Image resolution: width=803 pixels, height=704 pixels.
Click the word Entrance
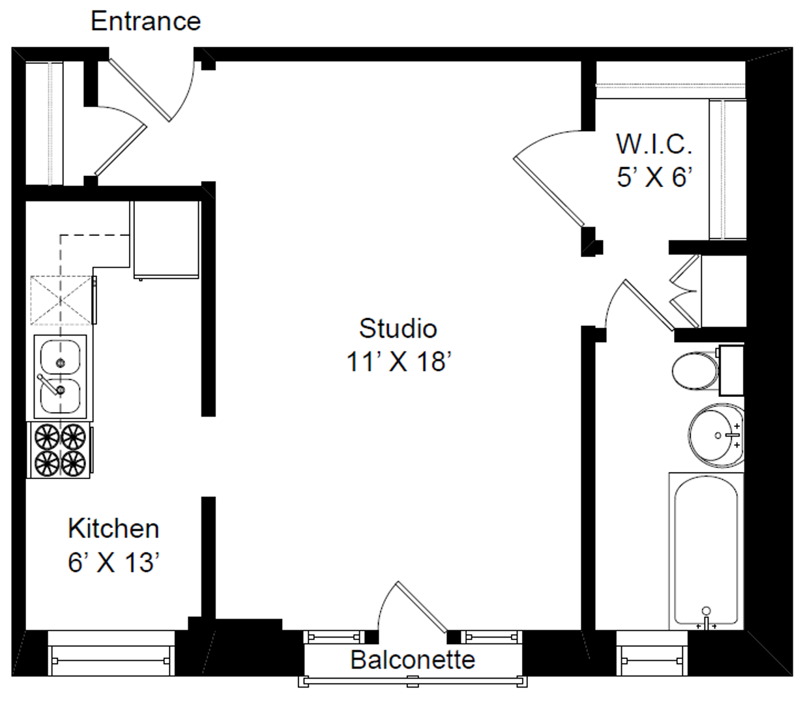pos(145,21)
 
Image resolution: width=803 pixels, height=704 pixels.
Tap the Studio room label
pos(398,329)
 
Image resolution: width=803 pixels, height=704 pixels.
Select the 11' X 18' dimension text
pos(399,362)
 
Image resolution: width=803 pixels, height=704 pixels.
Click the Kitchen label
pos(113,529)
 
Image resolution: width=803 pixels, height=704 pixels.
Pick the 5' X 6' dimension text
pos(654,177)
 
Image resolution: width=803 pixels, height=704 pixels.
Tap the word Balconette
pos(413,660)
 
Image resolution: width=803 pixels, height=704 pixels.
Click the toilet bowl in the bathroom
pos(695,371)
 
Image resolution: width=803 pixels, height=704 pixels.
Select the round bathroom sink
pos(716,435)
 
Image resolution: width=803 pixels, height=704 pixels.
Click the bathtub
pos(706,551)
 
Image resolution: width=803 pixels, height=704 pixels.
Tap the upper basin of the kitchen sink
pos(60,357)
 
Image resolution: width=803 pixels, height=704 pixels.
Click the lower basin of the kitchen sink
pos(60,396)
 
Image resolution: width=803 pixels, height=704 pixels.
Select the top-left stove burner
pos(47,437)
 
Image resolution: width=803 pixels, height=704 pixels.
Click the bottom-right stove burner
pos(73,463)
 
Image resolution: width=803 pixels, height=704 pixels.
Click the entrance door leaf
pos(139,90)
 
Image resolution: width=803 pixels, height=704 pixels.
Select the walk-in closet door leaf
pos(549,191)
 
